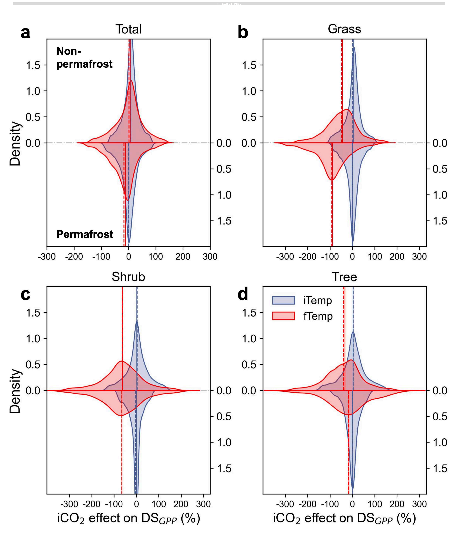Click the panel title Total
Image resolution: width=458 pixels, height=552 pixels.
128,29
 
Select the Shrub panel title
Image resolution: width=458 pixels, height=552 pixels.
128,277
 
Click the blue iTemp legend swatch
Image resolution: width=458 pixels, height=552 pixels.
283,300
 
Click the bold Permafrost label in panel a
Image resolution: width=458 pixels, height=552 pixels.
85,234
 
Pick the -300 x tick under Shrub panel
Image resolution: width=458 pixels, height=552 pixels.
69,504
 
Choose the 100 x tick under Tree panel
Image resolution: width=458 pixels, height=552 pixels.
375,504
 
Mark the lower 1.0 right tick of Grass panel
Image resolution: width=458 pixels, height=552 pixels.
440,195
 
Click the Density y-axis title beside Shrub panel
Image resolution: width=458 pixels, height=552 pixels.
15,391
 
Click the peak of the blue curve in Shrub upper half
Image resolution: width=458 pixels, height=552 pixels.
137,321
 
